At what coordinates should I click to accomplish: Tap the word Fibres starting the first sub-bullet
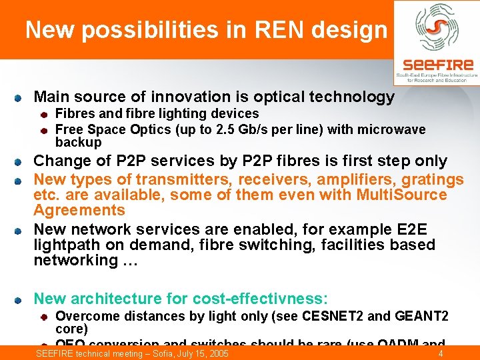[75, 114]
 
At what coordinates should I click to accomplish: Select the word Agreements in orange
[79, 211]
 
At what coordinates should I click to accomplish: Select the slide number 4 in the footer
[441, 353]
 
